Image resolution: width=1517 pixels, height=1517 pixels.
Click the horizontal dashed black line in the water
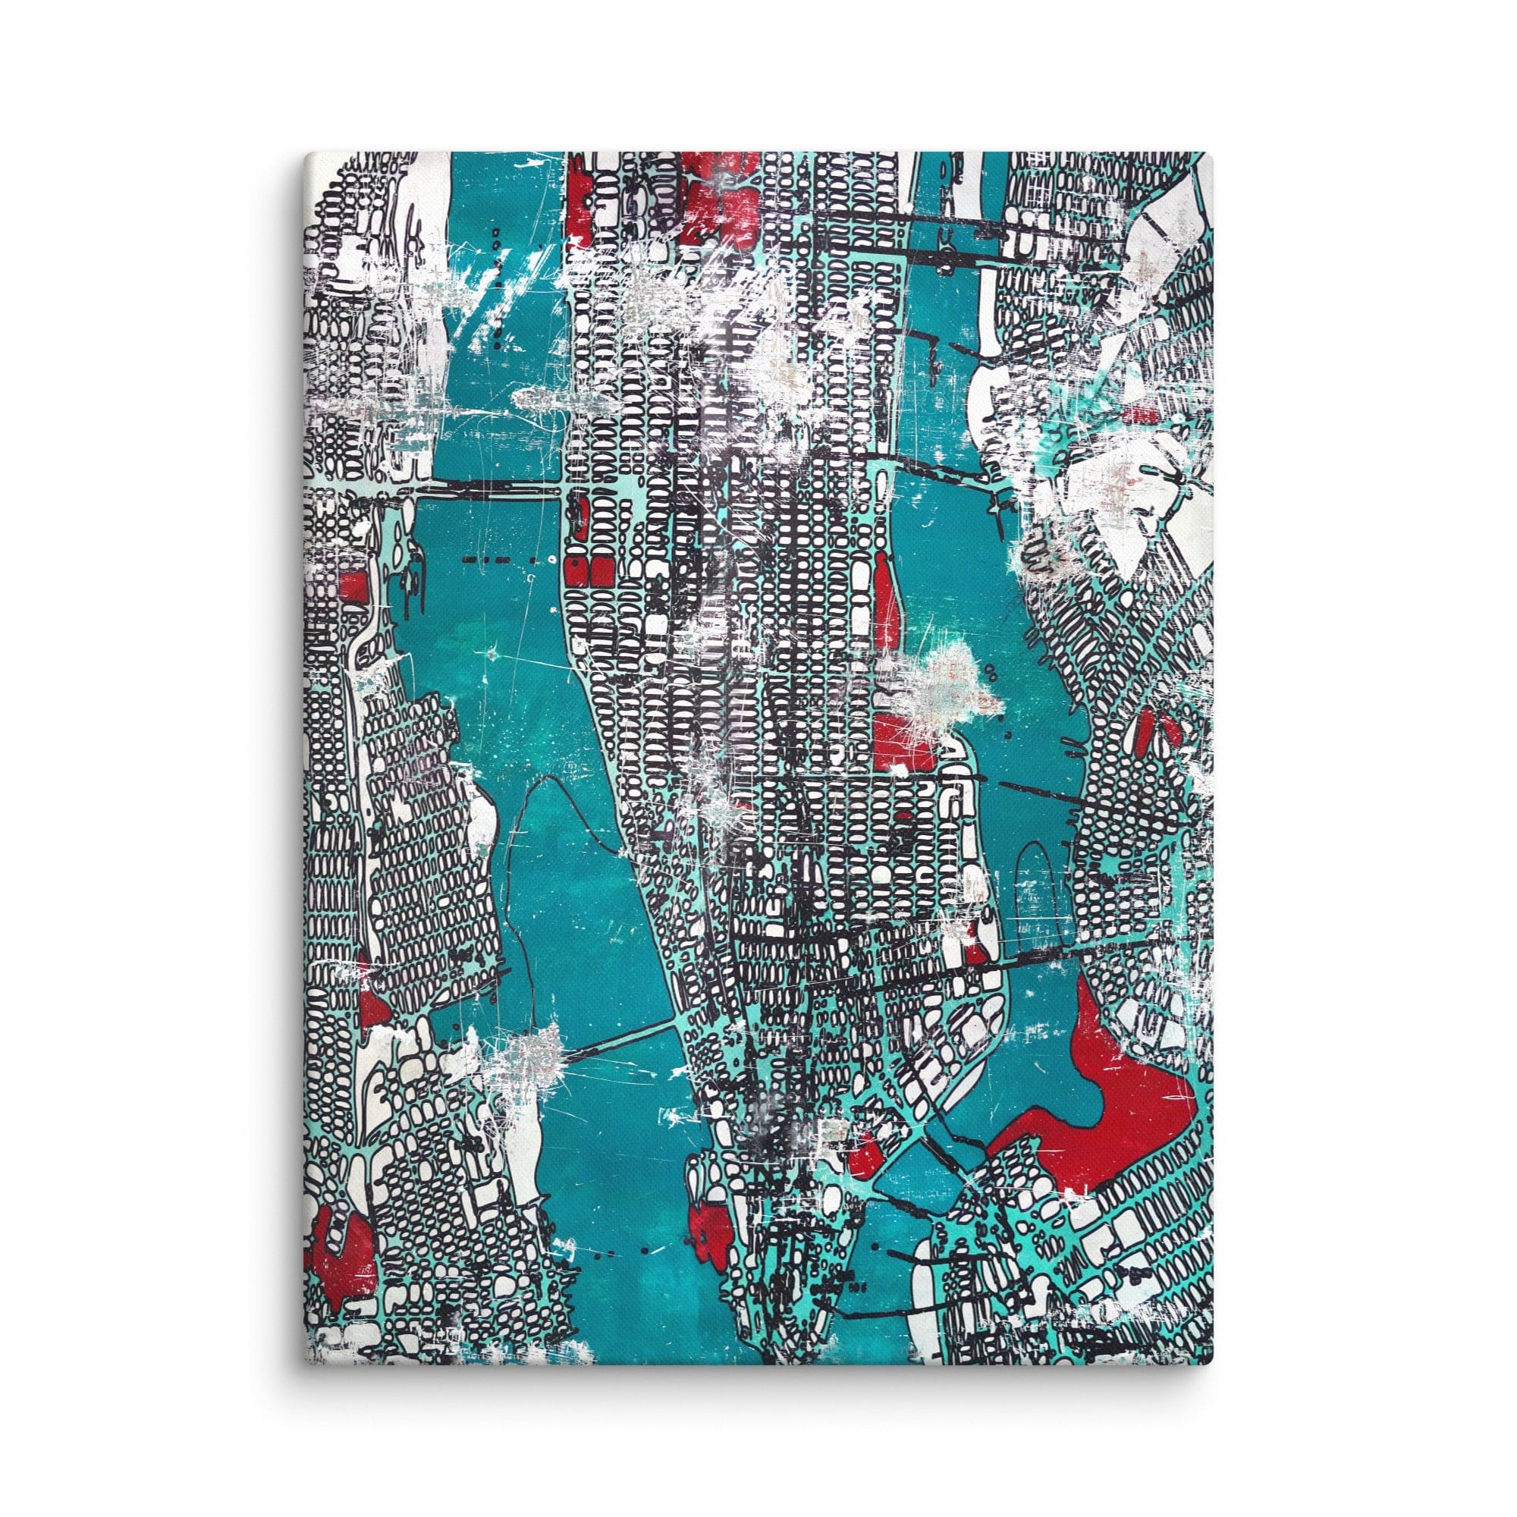click(x=498, y=560)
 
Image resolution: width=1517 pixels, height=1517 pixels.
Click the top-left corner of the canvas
click(x=307, y=152)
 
